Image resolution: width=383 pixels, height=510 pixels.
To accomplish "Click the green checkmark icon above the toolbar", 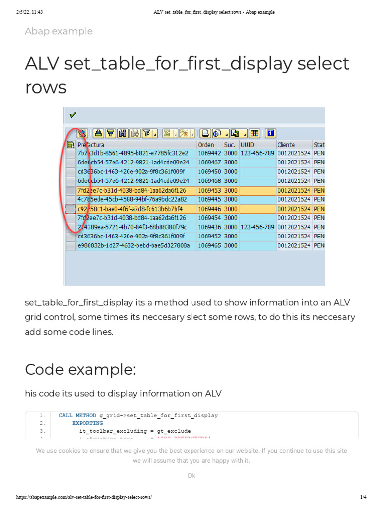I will [x=73, y=115].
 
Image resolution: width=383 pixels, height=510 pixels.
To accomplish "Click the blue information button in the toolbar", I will [x=270, y=133].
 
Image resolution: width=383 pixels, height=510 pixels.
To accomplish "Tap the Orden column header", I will [x=206, y=145].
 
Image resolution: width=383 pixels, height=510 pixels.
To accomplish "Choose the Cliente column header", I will [x=286, y=145].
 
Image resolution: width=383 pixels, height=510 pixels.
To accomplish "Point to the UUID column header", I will [x=248, y=145].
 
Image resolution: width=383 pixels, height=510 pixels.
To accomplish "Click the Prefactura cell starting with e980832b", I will [x=133, y=246].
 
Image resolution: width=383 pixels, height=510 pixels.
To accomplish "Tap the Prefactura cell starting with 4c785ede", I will [x=132, y=199].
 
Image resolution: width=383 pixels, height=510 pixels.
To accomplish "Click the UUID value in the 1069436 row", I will [x=257, y=227].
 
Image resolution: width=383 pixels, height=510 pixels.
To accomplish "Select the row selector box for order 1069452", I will [x=70, y=237].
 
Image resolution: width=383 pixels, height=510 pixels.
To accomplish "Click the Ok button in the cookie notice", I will [x=191, y=476].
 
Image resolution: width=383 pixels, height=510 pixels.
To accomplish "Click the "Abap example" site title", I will [x=59, y=31].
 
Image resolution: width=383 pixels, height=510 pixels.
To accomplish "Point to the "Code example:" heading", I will [x=80, y=370].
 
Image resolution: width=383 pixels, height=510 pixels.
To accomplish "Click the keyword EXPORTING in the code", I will [x=88, y=423].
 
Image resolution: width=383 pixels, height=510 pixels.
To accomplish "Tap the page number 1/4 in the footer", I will [x=363, y=497].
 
